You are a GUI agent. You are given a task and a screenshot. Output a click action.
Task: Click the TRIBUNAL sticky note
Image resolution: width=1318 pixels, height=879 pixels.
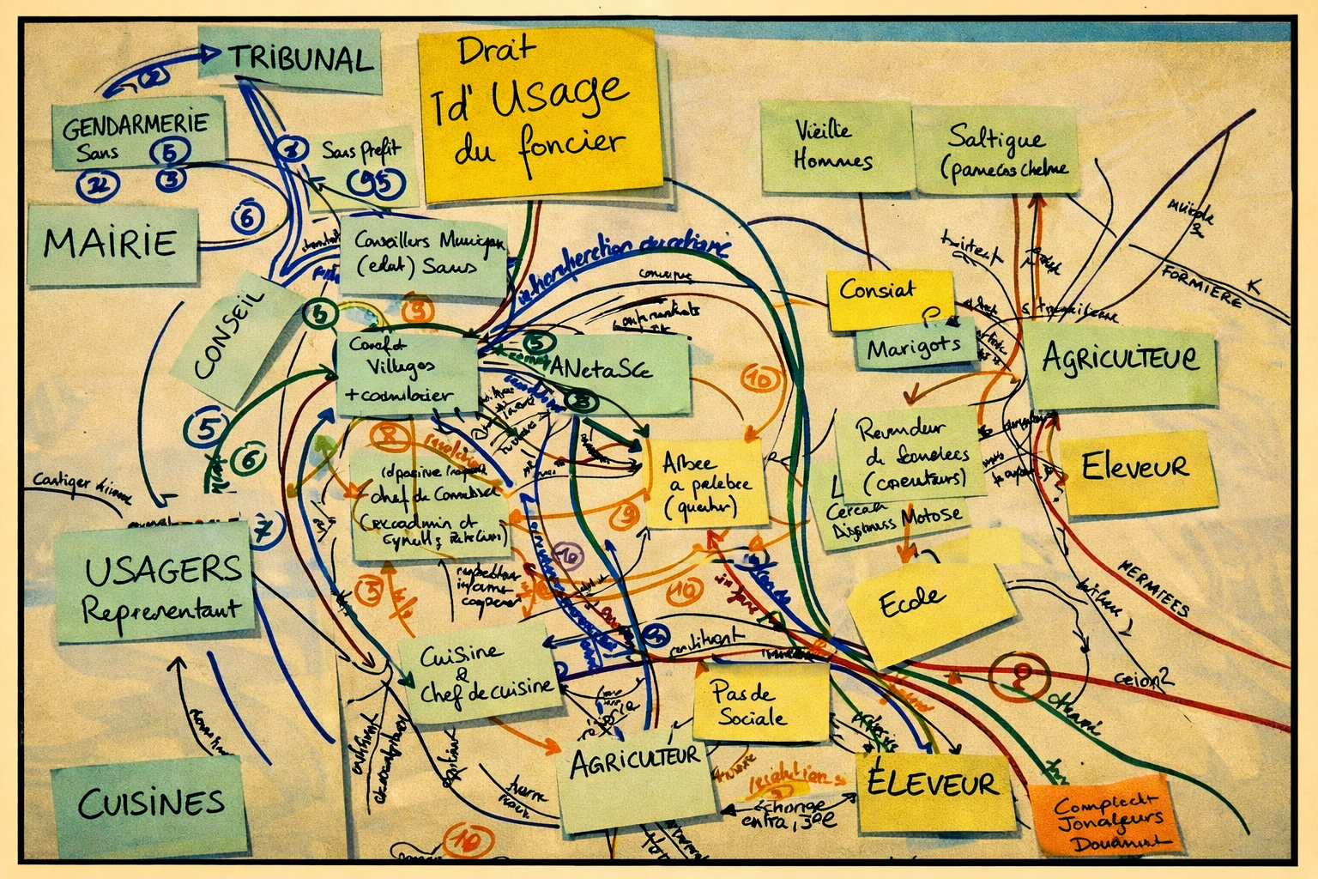292,60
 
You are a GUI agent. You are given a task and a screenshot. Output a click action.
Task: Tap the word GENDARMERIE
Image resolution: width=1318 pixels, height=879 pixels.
136,125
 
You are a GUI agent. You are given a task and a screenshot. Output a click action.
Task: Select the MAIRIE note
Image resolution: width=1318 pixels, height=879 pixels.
112,243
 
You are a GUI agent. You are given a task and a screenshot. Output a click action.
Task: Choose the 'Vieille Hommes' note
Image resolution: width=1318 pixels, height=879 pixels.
832,146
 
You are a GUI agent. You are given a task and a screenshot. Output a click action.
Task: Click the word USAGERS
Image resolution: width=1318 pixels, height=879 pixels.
163,568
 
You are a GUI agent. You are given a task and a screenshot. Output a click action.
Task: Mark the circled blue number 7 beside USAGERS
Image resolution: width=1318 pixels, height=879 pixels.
266,530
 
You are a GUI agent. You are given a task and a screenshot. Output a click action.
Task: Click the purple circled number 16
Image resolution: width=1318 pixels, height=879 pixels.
567,556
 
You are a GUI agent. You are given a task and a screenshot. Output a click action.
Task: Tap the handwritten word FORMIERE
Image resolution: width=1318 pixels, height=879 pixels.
1201,288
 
